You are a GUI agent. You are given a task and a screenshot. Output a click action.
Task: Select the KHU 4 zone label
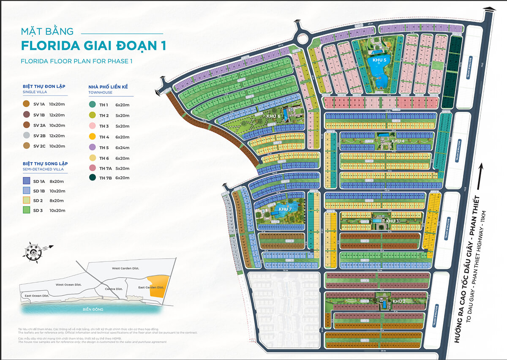point(398,141)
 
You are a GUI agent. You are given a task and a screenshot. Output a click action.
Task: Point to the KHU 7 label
point(285,209)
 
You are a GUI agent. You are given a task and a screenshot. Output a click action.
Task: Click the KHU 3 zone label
point(393,221)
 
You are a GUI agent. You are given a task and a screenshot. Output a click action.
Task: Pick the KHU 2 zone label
point(399,301)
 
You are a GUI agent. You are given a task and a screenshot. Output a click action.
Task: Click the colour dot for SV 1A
point(26,104)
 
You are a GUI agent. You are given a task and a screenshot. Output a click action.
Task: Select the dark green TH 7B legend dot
point(92,178)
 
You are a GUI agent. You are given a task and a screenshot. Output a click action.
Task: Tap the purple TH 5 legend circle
point(92,147)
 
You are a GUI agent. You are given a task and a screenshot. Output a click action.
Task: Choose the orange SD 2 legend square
point(27,200)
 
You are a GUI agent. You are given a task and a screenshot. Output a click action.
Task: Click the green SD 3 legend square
point(27,210)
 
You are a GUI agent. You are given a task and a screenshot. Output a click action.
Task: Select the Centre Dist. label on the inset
point(113,289)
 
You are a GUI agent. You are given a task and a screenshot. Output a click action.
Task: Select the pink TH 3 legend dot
point(92,126)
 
